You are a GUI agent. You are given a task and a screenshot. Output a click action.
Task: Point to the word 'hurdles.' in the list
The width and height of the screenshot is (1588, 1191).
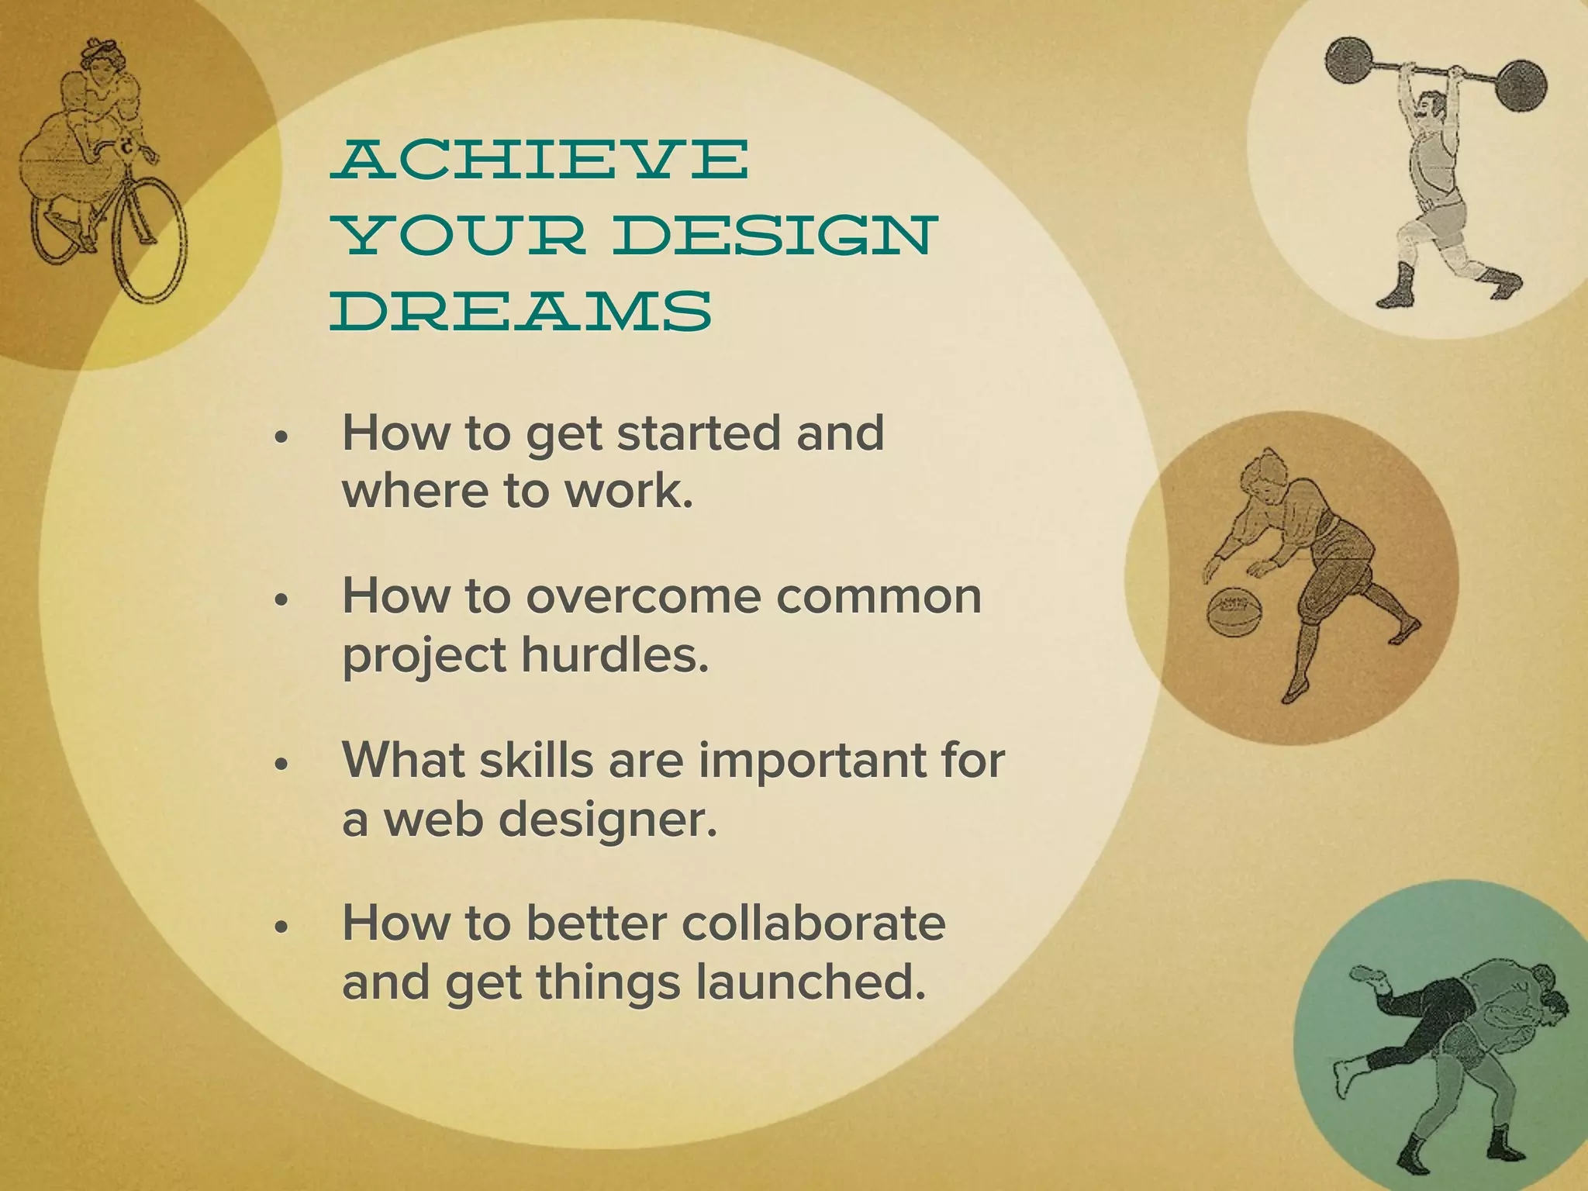coord(615,655)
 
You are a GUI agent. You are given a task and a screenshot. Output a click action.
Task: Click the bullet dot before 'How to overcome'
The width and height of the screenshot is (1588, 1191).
coord(282,601)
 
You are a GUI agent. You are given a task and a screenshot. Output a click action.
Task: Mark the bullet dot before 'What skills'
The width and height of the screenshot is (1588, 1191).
coord(282,765)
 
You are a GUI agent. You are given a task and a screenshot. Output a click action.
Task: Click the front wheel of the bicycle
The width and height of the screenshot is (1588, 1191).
coord(150,240)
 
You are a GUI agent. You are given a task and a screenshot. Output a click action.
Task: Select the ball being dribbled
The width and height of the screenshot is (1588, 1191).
coord(1232,612)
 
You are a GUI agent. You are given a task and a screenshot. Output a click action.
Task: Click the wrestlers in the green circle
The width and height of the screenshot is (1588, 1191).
coord(1442,1047)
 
